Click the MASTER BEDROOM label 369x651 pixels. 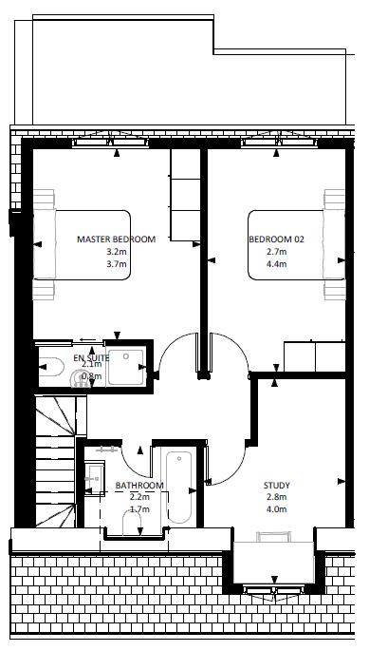click(116, 239)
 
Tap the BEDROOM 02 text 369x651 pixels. click(277, 239)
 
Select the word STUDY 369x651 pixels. click(278, 486)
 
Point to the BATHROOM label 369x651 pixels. click(139, 486)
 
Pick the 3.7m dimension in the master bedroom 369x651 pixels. click(116, 264)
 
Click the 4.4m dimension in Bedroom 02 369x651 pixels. click(277, 264)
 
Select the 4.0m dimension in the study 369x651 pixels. click(278, 509)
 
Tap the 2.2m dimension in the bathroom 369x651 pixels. click(139, 497)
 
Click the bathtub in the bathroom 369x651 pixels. click(177, 488)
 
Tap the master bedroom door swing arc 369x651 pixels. click(175, 356)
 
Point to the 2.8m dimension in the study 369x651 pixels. click(278, 497)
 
